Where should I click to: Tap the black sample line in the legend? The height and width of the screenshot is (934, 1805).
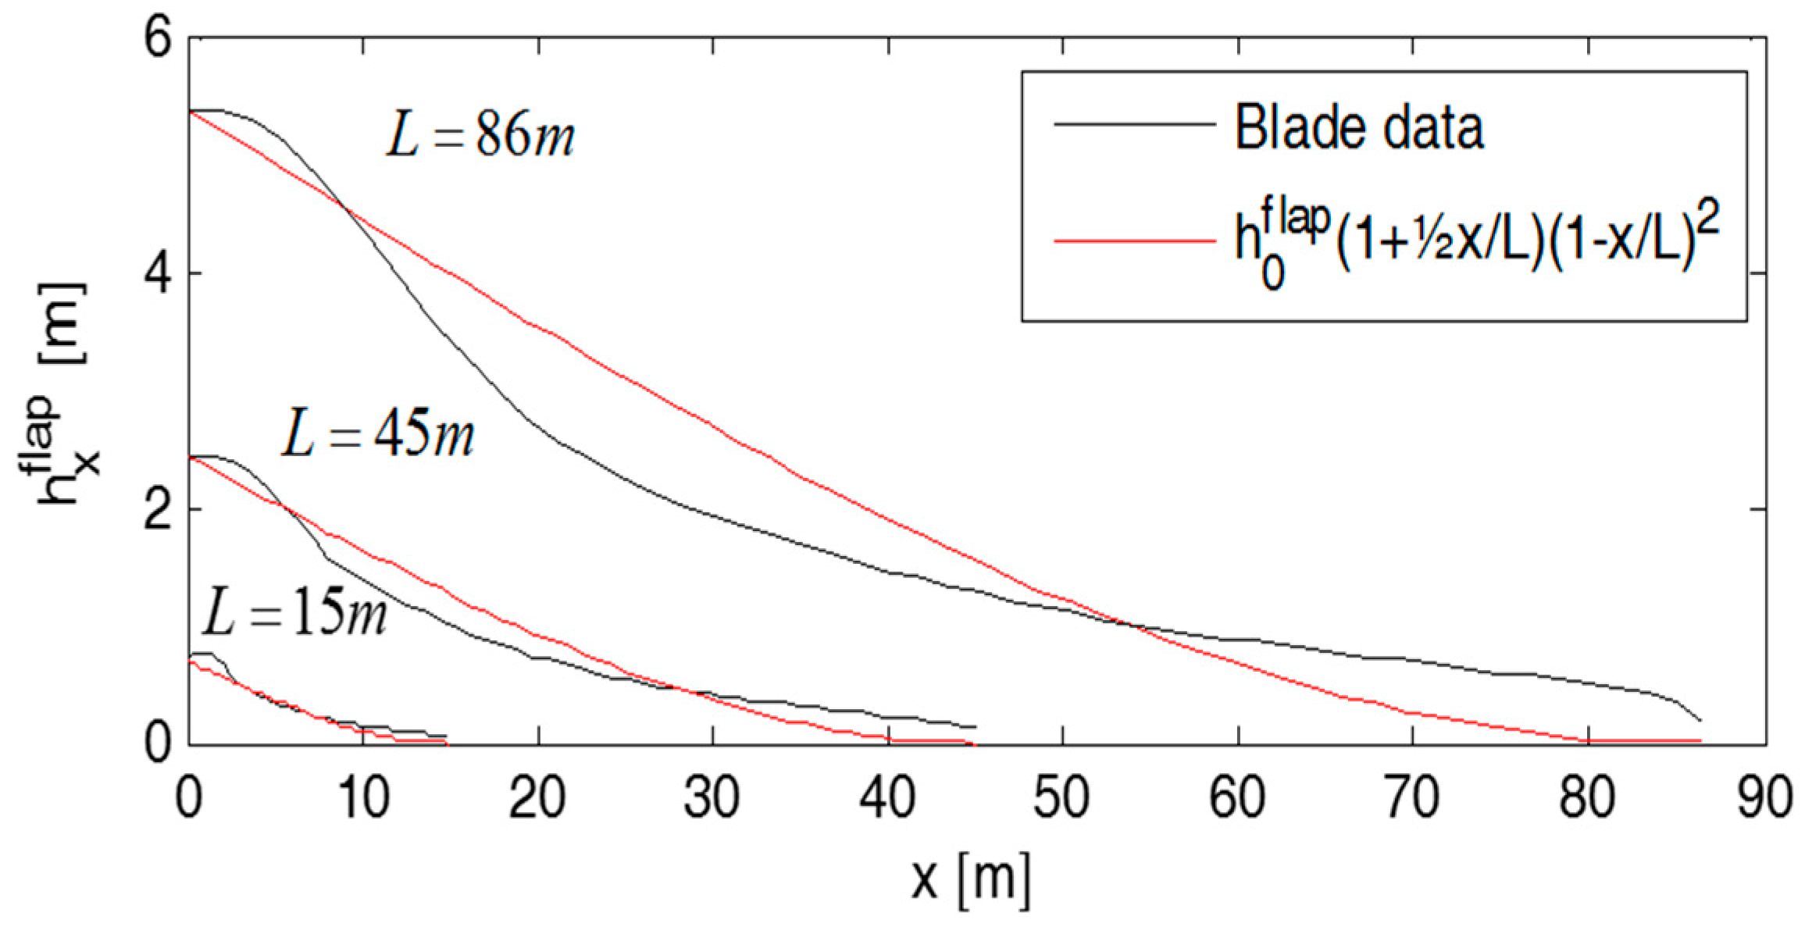pyautogui.click(x=1134, y=124)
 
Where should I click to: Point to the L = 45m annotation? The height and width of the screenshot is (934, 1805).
pyautogui.click(x=377, y=435)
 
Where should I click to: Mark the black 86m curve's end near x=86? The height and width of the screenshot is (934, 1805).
pyautogui.click(x=1700, y=719)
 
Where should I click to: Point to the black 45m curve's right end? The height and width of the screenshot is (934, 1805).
pyautogui.click(x=976, y=727)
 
